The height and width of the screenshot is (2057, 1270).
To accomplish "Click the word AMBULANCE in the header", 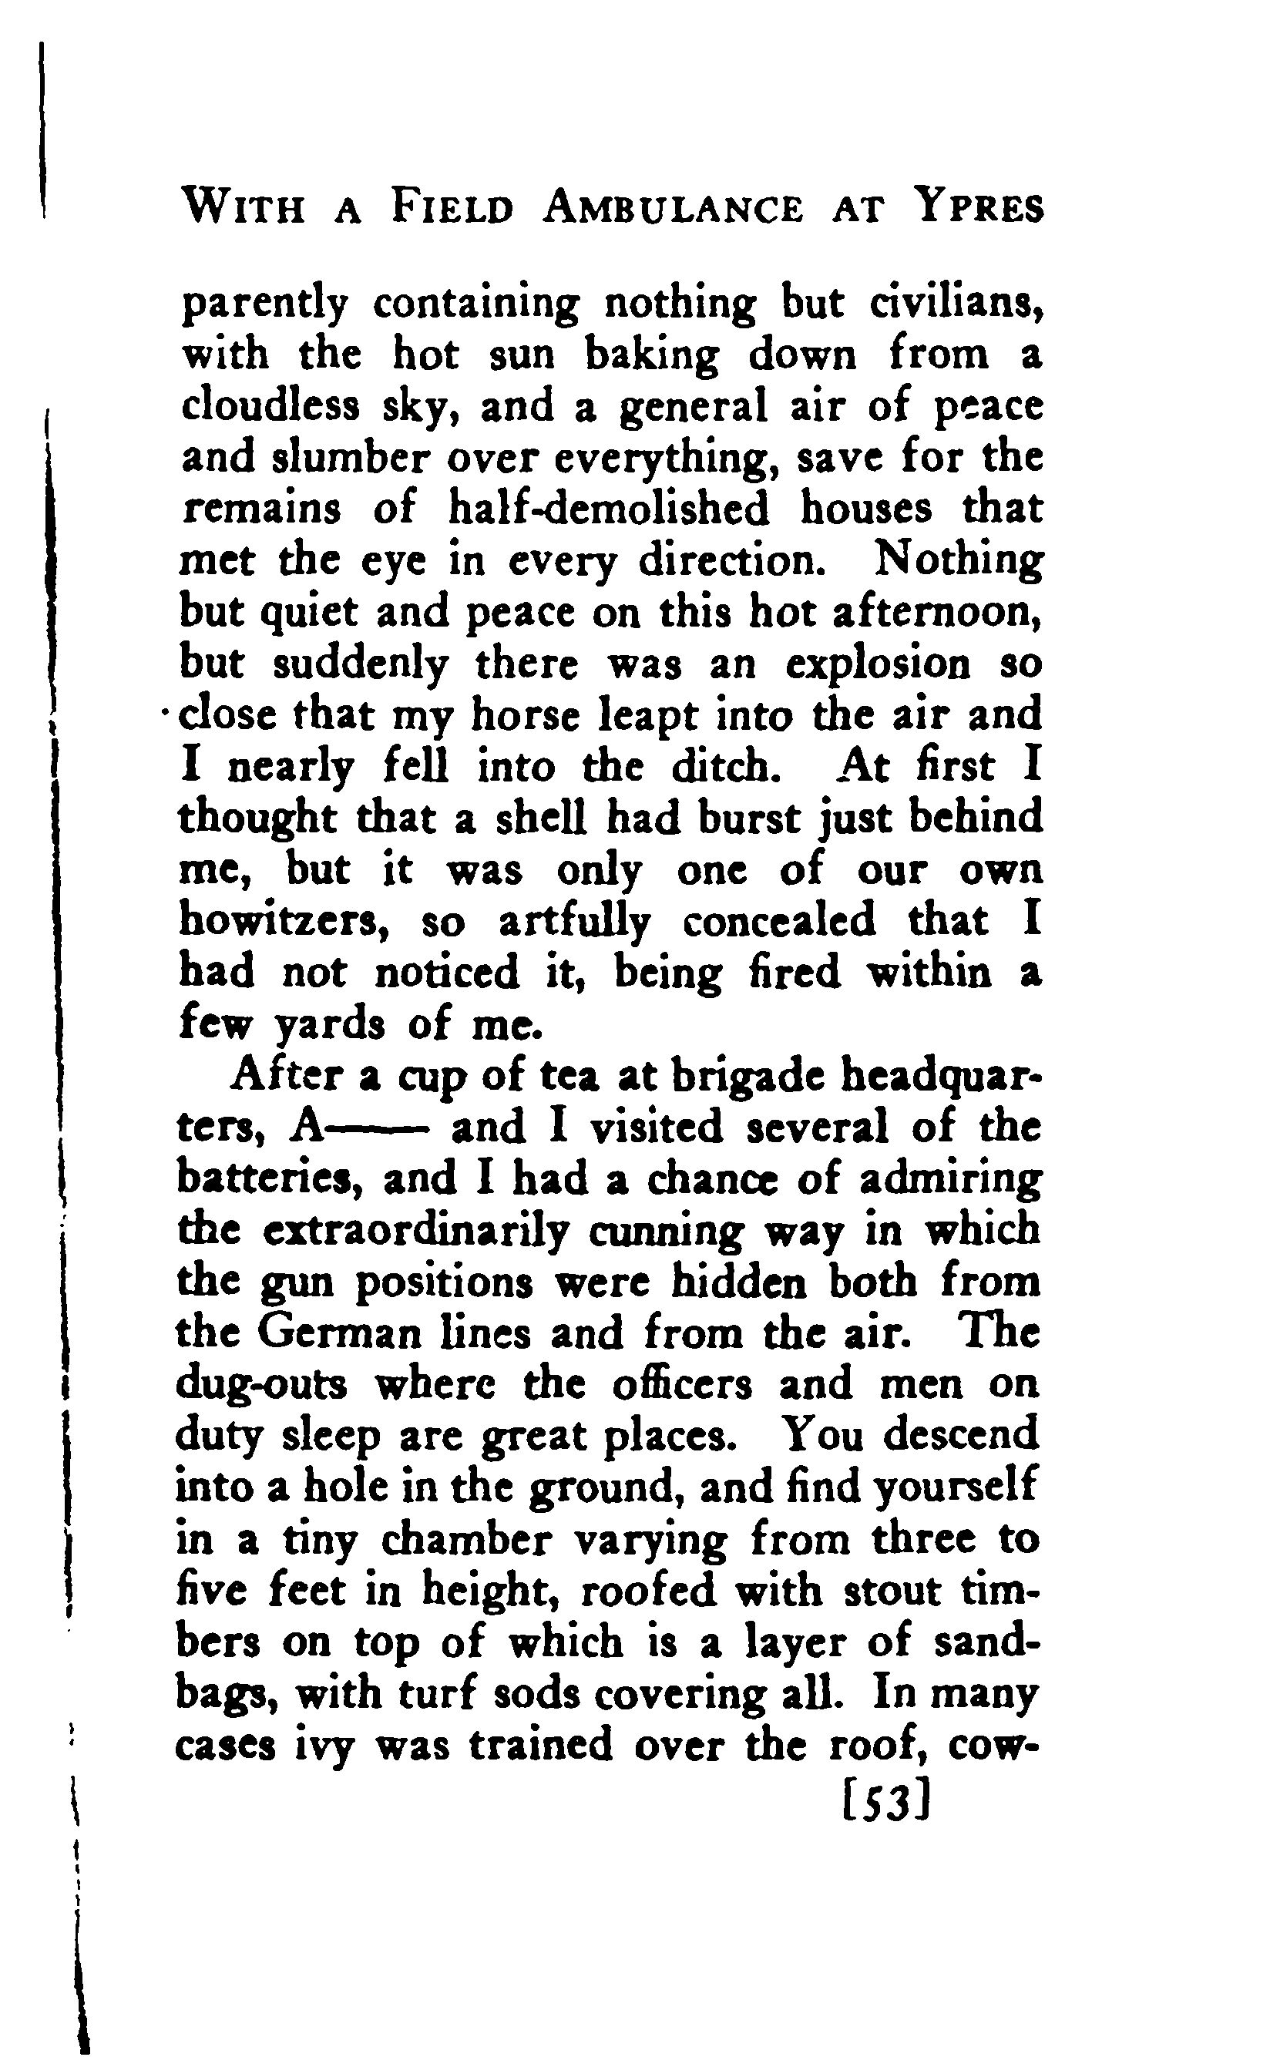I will click(672, 207).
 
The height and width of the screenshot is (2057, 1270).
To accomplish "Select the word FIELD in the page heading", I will click(451, 207).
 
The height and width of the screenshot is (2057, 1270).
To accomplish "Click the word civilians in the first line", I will click(956, 304).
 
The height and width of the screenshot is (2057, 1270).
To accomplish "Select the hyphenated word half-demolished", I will click(609, 509).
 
